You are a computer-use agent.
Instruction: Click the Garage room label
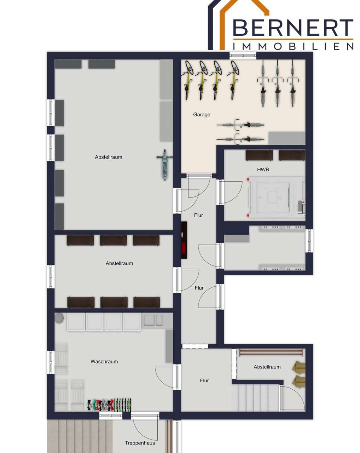(x=201, y=115)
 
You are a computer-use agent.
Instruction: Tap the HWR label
(x=263, y=170)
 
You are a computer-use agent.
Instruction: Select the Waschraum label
(x=104, y=361)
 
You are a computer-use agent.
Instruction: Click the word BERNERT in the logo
(x=293, y=28)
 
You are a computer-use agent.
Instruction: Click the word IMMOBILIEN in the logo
(x=293, y=46)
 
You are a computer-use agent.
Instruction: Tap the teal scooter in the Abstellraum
(x=165, y=165)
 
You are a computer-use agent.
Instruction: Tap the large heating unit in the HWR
(x=277, y=197)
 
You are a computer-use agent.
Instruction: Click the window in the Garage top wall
(x=243, y=55)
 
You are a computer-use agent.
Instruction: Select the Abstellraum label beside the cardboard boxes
(x=267, y=367)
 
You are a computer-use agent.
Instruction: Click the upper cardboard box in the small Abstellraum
(x=298, y=367)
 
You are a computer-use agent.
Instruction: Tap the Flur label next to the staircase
(x=204, y=380)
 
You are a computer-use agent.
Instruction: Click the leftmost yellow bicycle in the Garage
(x=188, y=80)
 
